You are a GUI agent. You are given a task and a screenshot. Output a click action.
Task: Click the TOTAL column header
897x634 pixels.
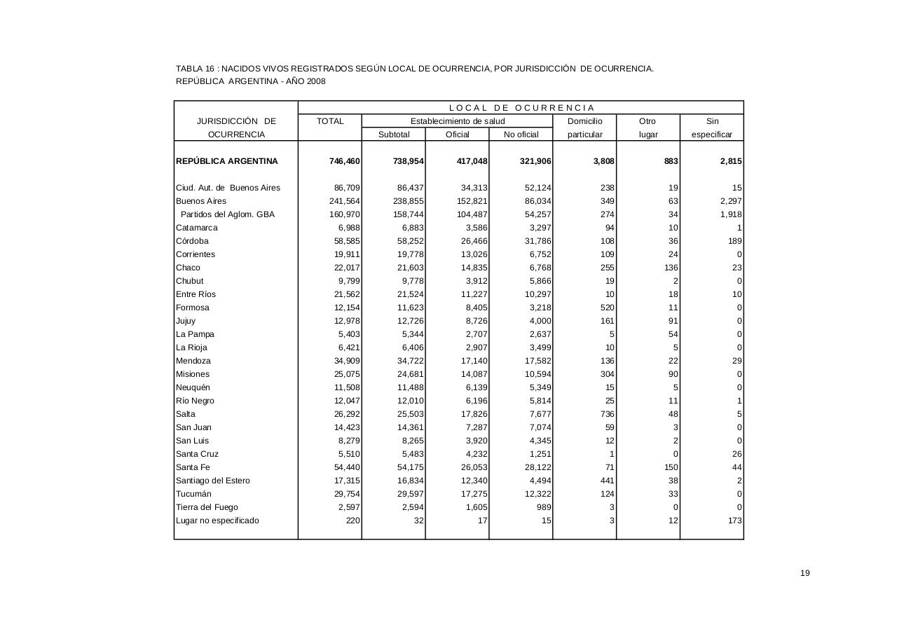coord(330,121)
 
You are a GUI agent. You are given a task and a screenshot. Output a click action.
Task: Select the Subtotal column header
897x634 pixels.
coord(394,135)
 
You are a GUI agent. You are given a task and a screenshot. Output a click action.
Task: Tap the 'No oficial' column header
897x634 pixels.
coord(521,135)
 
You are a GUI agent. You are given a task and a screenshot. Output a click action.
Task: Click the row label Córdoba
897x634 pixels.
coord(193,241)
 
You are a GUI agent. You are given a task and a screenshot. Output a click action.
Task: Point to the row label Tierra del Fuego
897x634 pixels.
coord(207,507)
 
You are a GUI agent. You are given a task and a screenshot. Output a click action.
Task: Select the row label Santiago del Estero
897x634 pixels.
coord(213,481)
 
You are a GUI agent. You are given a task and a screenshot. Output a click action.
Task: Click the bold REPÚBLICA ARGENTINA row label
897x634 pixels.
coord(227,161)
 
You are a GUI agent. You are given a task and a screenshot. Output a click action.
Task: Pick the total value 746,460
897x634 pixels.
coord(345,161)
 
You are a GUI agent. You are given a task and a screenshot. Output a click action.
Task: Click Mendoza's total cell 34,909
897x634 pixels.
coord(345,361)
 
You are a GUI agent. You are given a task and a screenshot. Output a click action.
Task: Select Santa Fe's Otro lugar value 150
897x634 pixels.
coord(671,467)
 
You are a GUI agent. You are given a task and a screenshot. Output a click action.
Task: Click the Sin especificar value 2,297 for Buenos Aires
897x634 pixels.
coord(731,201)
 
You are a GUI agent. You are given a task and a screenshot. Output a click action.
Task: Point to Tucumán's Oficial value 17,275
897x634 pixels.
coord(474,494)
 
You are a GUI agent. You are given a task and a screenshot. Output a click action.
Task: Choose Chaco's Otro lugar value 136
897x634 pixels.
coord(671,268)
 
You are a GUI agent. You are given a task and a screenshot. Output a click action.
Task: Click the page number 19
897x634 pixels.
coord(805,573)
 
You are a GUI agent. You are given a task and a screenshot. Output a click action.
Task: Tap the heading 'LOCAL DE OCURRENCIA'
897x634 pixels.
coord(521,108)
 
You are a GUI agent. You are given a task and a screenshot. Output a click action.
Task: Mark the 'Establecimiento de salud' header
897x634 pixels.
coord(458,121)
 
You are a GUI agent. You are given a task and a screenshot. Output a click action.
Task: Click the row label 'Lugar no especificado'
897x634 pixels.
coord(218,521)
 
